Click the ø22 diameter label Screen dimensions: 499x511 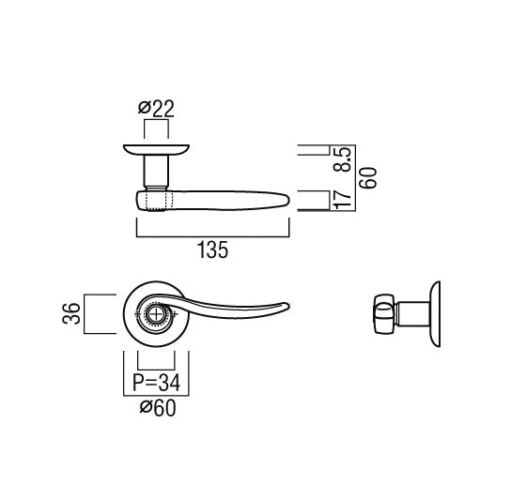pyautogui.click(x=157, y=110)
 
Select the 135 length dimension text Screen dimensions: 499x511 pyautogui.click(x=212, y=250)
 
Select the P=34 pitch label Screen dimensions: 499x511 pyautogui.click(x=156, y=382)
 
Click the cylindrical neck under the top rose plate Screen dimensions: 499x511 pyautogui.click(x=156, y=172)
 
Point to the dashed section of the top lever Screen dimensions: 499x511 pyautogui.click(x=157, y=200)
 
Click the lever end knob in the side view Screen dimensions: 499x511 pyautogui.click(x=382, y=311)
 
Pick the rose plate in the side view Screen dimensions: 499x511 pyautogui.click(x=435, y=312)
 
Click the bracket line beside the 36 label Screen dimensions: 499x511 pyautogui.click(x=87, y=313)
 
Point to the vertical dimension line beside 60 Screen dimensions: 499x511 pyautogui.click(x=358, y=178)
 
